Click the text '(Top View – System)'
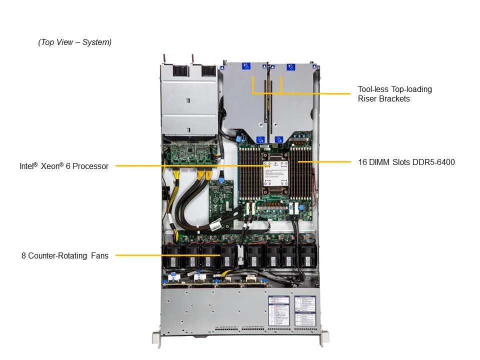tap(75, 42)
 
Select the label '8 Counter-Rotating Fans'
tap(65, 255)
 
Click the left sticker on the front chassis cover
tap(278, 310)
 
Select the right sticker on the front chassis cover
tap(304, 310)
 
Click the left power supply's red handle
tap(165, 59)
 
